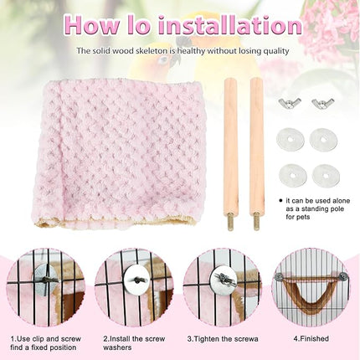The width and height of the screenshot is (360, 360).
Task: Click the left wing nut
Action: (x=289, y=104)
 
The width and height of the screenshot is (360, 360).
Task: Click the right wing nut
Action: (x=322, y=104)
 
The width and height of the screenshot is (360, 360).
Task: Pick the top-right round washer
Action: (x=323, y=139)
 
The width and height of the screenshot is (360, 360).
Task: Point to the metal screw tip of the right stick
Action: (x=258, y=223)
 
